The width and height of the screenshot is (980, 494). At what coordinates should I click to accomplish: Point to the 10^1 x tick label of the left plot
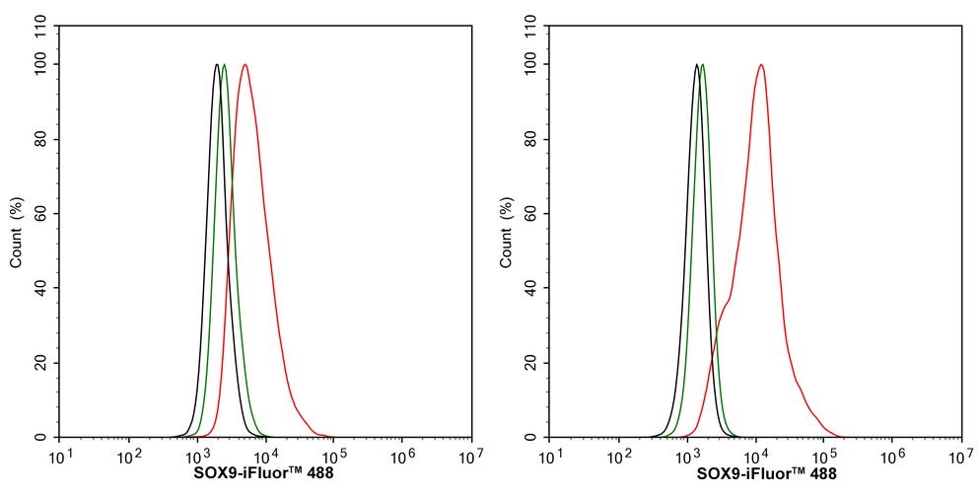tap(60, 457)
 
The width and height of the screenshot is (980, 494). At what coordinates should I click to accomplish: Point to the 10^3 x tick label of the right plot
tap(687, 457)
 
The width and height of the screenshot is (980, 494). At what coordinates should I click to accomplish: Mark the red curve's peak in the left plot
tap(245, 65)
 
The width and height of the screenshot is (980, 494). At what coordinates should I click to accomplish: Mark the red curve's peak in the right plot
tap(761, 65)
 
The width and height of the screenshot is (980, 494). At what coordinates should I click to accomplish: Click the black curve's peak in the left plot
tap(217, 65)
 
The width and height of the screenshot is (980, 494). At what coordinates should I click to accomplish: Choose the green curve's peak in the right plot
tap(702, 65)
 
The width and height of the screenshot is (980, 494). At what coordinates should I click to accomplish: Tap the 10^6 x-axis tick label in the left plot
tap(402, 457)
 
